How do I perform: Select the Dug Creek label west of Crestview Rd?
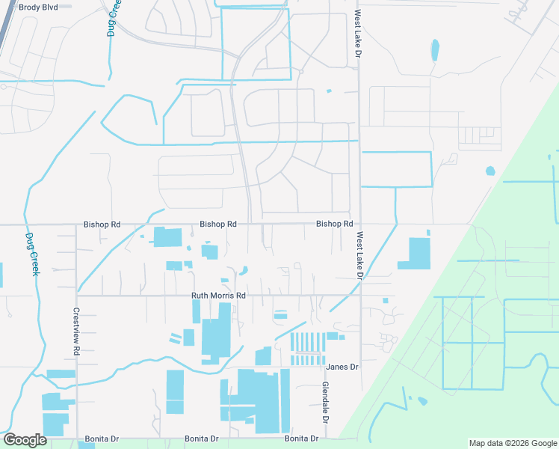coord(31,254)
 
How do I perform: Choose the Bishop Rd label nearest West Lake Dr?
coord(334,224)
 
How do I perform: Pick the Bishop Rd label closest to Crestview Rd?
coord(102,224)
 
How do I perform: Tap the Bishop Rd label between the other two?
coord(218,224)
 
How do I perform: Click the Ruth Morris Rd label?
coord(218,296)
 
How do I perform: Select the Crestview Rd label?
coord(76,332)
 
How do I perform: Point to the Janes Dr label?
coord(343,367)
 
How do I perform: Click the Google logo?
coord(25,440)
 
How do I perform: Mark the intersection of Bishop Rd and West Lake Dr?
coord(360,224)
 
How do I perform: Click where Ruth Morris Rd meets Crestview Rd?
coord(76,296)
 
